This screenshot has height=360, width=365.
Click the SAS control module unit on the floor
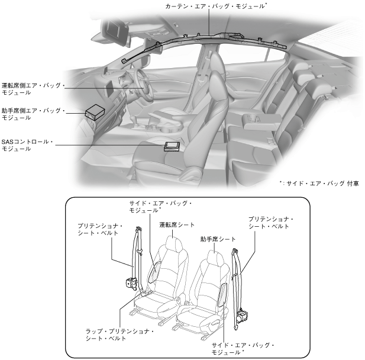173,146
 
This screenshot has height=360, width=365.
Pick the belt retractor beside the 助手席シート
242,317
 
